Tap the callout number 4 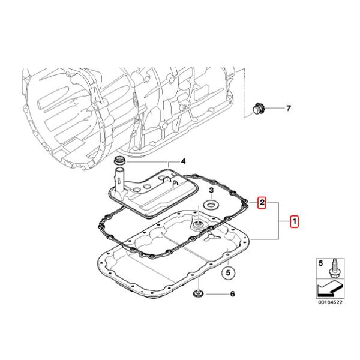[x=184, y=161]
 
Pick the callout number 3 [x=211, y=190]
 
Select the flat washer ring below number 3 [x=211, y=206]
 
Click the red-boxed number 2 [x=262, y=203]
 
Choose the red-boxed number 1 [x=294, y=221]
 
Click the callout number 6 [x=232, y=295]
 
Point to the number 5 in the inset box [x=320, y=263]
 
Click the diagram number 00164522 [x=330, y=303]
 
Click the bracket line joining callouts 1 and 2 [x=279, y=221]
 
